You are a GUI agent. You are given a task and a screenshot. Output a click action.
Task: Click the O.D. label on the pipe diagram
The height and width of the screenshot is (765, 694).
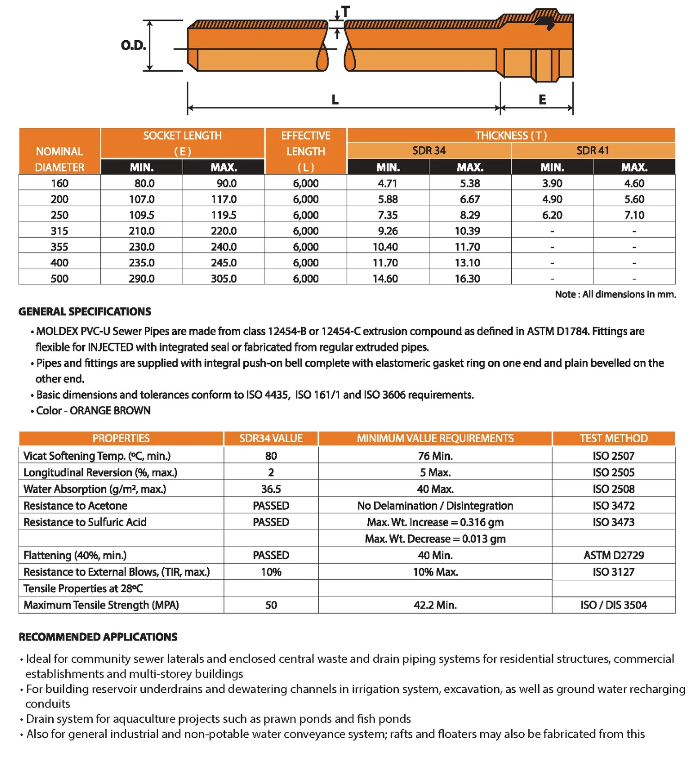(133, 45)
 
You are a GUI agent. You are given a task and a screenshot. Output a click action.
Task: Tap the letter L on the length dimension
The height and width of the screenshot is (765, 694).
(335, 100)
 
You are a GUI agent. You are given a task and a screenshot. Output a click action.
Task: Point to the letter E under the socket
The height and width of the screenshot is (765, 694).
(542, 100)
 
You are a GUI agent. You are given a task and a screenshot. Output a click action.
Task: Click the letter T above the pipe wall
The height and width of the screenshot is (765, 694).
(346, 12)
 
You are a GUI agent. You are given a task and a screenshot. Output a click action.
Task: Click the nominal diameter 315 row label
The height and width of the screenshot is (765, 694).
(59, 231)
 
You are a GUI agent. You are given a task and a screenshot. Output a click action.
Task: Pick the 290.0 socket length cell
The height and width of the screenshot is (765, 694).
(142, 278)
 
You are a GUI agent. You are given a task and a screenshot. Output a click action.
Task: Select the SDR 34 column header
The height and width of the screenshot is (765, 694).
(429, 150)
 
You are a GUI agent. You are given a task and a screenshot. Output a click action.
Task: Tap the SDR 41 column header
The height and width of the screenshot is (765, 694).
(593, 150)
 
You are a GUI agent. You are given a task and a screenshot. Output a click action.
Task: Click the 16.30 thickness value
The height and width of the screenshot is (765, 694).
(467, 278)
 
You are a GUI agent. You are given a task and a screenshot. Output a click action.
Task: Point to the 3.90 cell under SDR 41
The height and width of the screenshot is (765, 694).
(552, 183)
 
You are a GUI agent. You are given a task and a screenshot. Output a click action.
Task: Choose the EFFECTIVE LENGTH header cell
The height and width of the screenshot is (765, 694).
(306, 151)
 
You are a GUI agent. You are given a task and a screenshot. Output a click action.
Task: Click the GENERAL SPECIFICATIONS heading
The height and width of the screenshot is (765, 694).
(85, 312)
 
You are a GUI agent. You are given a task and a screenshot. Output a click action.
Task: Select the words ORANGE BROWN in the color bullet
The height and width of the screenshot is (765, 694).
(110, 411)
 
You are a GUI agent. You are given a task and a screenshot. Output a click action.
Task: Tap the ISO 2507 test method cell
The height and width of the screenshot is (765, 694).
(613, 456)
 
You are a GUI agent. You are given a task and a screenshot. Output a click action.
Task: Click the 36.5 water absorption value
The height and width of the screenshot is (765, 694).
(271, 489)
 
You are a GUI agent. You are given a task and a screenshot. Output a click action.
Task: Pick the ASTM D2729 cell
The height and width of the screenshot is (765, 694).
(613, 555)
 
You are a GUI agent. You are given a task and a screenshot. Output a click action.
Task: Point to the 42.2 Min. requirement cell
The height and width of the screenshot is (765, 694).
(435, 605)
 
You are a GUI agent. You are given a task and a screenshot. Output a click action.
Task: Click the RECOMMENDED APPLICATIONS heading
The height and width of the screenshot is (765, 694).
(98, 637)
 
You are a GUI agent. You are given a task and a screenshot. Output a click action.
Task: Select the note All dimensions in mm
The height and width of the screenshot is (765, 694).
(615, 295)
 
